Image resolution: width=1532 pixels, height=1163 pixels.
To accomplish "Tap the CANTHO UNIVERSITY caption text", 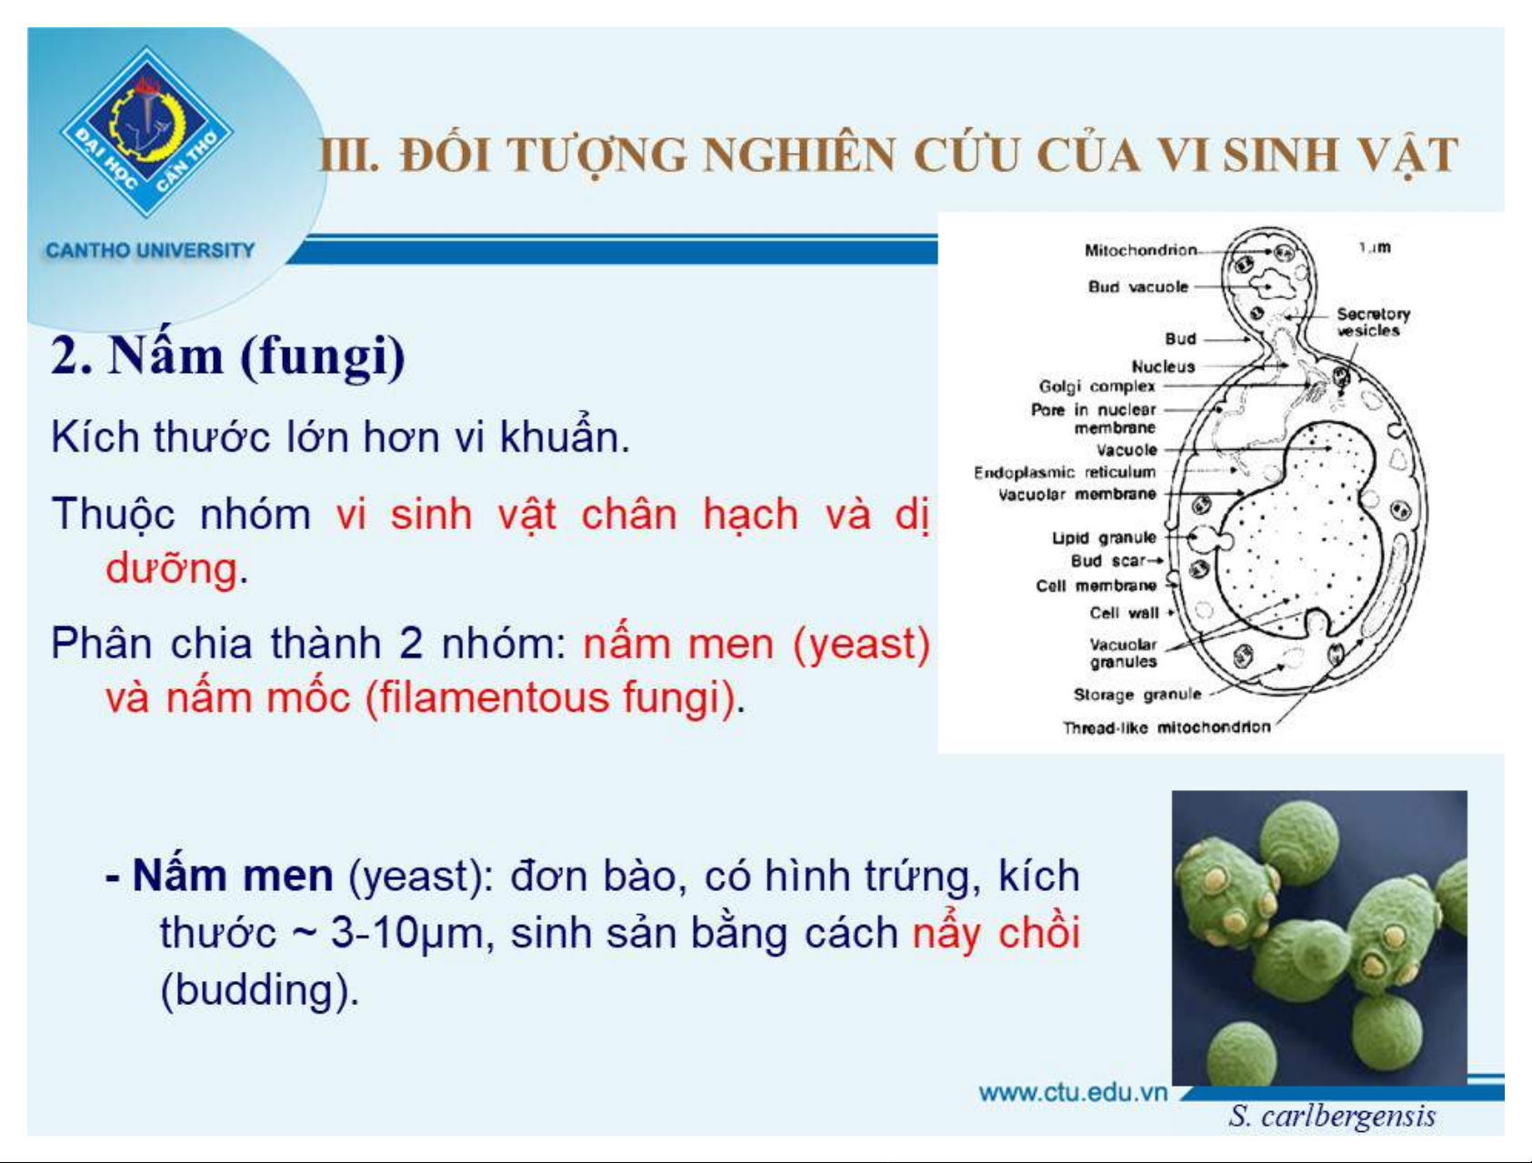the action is pos(150,250).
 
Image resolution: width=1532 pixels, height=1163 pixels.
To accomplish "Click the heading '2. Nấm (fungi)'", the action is pos(228,356).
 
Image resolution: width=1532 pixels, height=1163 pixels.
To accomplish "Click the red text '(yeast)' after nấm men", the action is pos(861,645).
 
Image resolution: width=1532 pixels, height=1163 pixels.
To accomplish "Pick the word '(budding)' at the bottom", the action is pos(259,990).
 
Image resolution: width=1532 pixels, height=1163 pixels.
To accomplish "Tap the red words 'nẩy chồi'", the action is pos(996,933).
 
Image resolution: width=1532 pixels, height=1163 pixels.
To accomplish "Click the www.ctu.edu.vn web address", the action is pos(1073,1092).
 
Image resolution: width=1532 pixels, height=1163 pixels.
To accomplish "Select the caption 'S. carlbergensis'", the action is pos(1332,1116).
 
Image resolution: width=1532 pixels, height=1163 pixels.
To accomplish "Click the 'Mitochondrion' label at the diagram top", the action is pos(1141,250).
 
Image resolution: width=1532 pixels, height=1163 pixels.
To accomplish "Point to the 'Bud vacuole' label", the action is pos(1138,286).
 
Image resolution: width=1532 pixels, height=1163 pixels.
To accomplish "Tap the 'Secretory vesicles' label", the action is pos(1372,322).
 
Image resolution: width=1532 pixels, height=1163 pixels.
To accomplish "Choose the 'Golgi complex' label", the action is pos(1097,386).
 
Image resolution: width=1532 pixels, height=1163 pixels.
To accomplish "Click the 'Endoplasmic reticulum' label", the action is pos(1065,472).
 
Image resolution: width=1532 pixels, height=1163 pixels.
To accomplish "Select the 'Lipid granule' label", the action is pos(1104,537).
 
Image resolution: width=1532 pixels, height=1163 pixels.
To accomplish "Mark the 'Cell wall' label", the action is pos(1125,613).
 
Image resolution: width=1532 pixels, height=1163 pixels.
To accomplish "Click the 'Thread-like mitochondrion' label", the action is pos(1167,727).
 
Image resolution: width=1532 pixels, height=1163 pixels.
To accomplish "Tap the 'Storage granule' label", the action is pos(1137,695).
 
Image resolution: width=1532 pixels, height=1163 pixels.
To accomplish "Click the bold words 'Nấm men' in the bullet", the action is pos(233,876).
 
